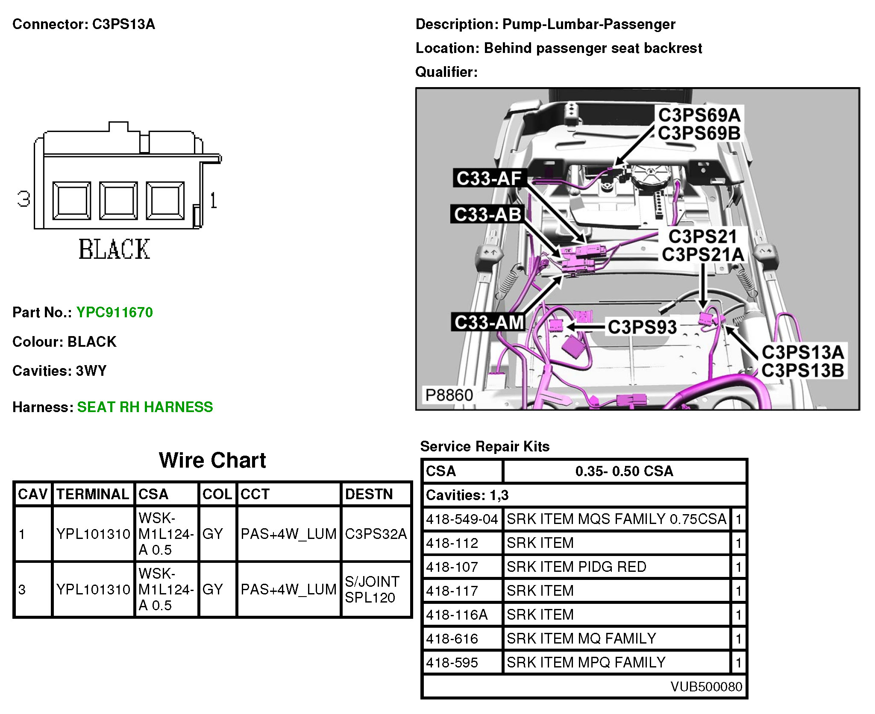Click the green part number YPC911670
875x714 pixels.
coord(115,312)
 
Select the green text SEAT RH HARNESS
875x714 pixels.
coord(145,407)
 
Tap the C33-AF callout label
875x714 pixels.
coord(489,178)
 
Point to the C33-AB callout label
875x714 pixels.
coord(487,214)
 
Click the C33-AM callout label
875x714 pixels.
coord(489,322)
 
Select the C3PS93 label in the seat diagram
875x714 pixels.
coord(642,327)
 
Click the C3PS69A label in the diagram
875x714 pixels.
coord(699,115)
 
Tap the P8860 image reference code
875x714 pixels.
coord(449,395)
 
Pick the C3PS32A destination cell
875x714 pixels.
coord(376,534)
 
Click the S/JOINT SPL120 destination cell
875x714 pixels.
coord(372,589)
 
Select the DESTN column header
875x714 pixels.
coord(369,494)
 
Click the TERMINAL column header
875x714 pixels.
coord(93,494)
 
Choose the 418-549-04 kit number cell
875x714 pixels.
coord(462,519)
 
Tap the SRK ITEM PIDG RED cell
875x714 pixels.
coord(576,567)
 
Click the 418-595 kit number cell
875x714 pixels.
coord(452,662)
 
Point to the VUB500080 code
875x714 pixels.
coord(706,686)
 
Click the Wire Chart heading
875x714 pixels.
coord(212,460)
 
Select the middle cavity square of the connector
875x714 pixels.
coord(118,201)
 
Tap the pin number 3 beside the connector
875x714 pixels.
coord(24,199)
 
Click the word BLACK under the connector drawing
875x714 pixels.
coord(115,249)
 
